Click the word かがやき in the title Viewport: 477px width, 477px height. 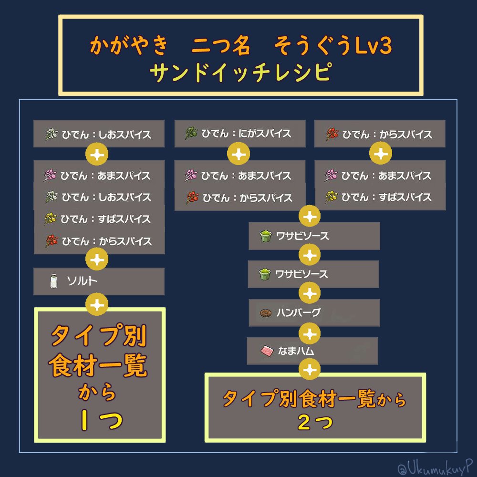pos(129,46)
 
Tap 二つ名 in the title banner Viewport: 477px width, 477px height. pos(221,46)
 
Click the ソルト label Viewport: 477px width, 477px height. pos(83,281)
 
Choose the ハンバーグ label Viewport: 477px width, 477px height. pos(298,313)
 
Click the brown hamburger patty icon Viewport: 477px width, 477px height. pos(266,313)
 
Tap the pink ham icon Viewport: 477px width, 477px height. pos(266,352)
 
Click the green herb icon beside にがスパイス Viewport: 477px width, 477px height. pos(191,134)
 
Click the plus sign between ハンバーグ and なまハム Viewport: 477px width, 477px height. pos(309,332)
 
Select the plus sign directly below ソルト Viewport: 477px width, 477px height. pos(98,304)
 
